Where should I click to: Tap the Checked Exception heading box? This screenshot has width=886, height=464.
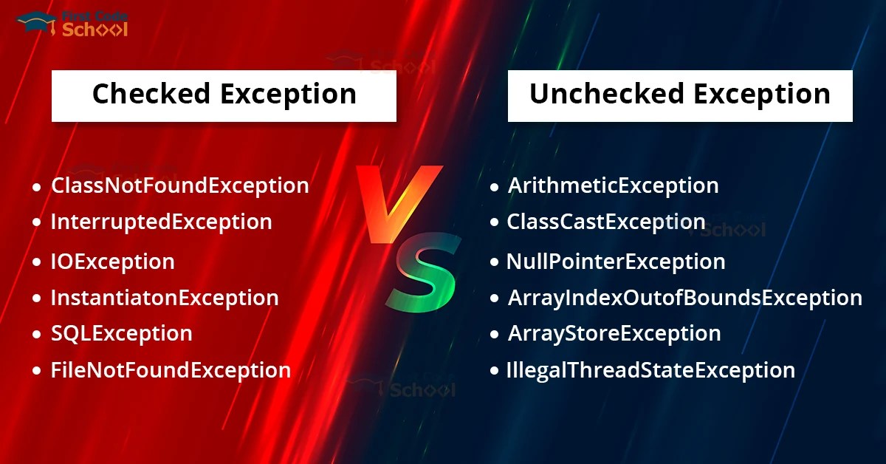224,95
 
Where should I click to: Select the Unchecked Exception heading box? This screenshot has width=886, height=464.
680,95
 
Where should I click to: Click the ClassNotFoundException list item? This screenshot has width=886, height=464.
179,185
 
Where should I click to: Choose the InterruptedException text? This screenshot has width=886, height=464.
161,222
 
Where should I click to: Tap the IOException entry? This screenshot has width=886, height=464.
112,262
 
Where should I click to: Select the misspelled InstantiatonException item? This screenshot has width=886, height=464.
164,298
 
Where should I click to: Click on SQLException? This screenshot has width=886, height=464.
121,333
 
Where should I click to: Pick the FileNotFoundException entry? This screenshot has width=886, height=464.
170,369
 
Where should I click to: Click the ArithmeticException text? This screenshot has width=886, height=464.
613,185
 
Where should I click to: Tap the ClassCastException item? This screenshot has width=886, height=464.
605,222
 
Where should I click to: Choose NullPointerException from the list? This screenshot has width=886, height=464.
616,262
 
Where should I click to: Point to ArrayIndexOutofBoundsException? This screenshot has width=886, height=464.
684,298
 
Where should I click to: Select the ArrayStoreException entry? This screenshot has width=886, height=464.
614,333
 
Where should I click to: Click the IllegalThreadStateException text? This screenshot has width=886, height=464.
650,369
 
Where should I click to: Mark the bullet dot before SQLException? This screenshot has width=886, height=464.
36,335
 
